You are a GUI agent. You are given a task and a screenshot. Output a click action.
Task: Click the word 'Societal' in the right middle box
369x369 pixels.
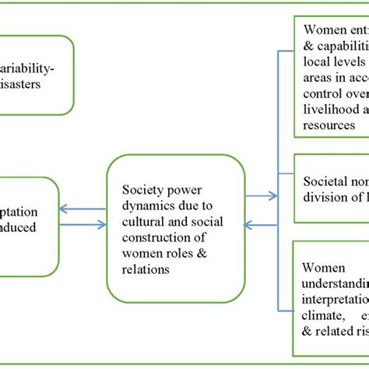tap(325, 181)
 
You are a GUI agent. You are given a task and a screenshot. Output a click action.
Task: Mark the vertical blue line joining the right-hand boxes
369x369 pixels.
tap(279, 156)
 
